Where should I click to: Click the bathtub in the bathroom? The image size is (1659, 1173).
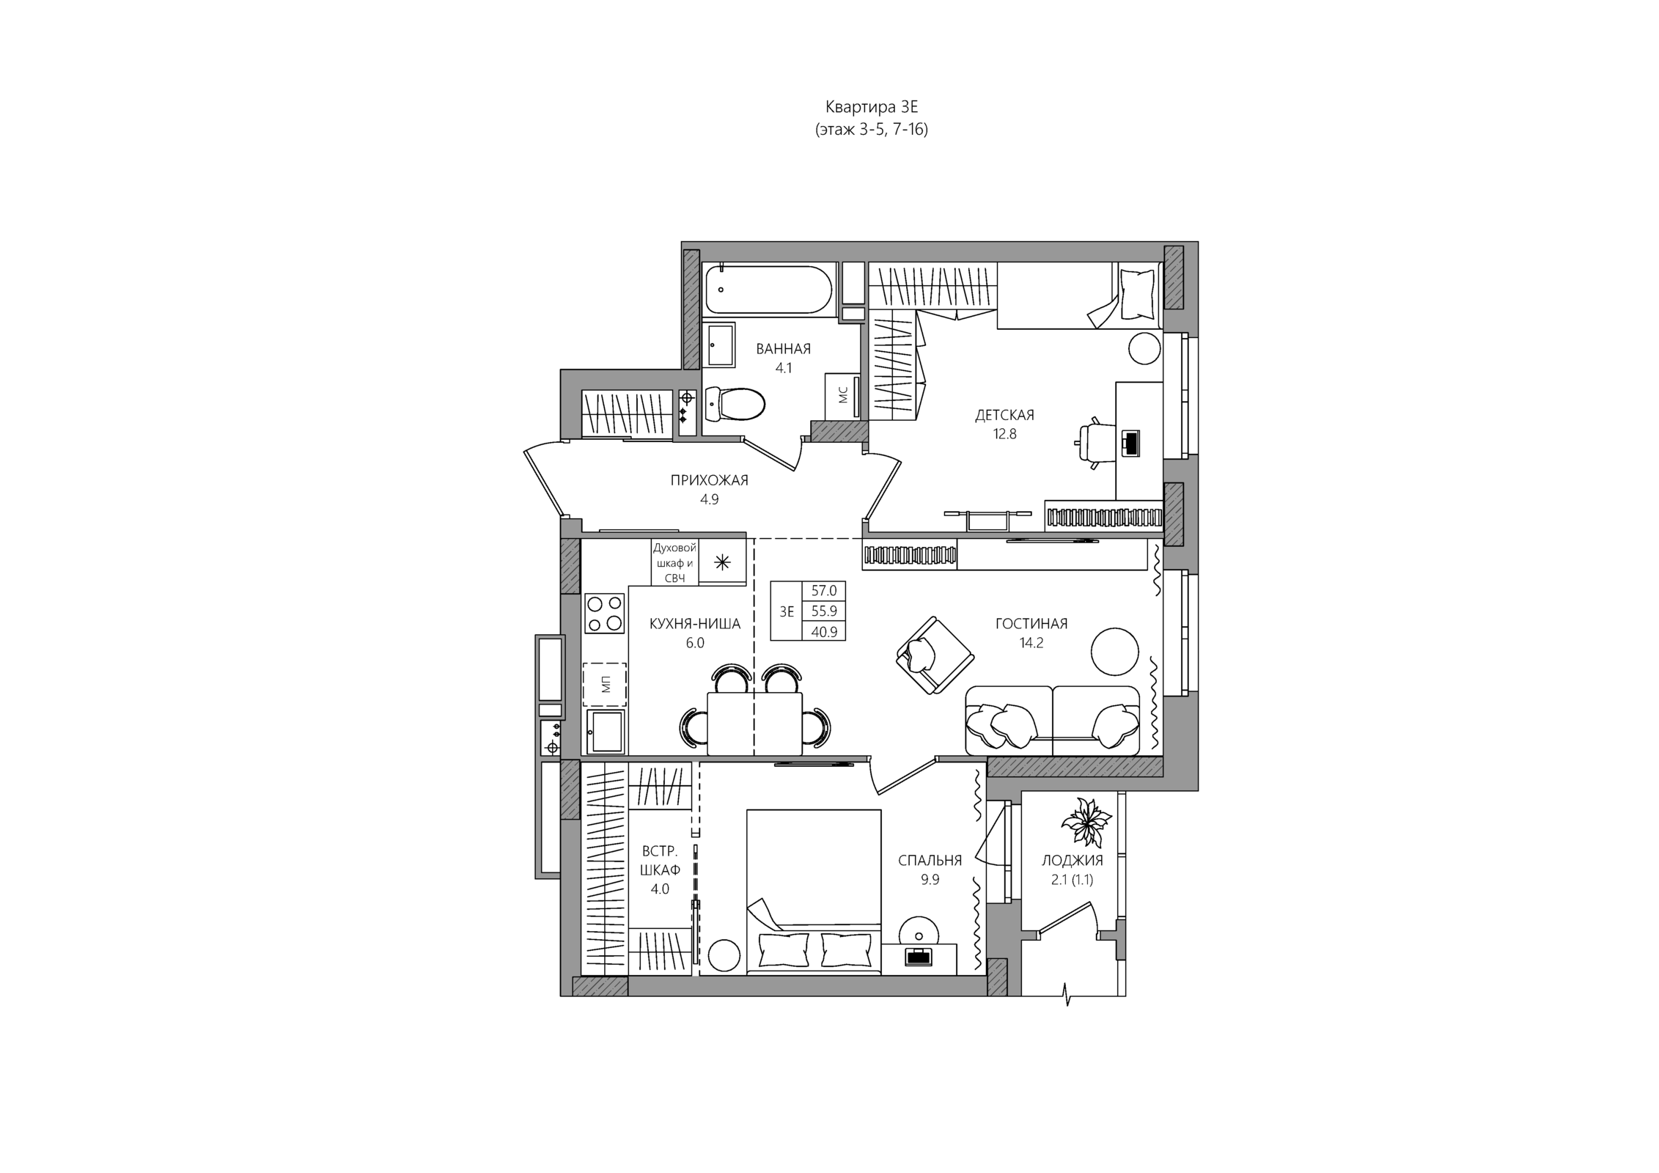click(768, 290)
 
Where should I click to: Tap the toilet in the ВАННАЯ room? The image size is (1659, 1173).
click(735, 404)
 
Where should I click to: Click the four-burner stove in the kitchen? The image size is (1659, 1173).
click(605, 613)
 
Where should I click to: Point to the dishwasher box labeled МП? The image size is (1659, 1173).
click(605, 685)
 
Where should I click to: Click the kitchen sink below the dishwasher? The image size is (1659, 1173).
click(606, 731)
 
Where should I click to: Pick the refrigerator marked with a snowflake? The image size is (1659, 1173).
click(722, 562)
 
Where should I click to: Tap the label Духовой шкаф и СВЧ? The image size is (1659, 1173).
click(674, 563)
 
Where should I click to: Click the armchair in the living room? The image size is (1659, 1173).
click(935, 655)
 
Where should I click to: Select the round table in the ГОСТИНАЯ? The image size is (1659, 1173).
click(1114, 652)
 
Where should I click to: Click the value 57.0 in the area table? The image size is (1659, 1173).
click(824, 591)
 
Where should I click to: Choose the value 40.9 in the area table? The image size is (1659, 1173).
click(824, 631)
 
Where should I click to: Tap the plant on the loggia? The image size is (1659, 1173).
click(1081, 822)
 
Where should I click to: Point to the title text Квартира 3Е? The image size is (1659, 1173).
click(872, 108)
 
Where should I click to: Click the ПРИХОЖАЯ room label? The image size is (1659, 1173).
click(709, 480)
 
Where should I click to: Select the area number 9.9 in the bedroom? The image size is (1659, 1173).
click(930, 880)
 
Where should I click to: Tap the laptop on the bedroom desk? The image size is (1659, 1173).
click(919, 956)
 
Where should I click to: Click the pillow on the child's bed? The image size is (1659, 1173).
click(1137, 294)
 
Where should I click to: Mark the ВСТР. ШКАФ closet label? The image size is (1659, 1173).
click(660, 861)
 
